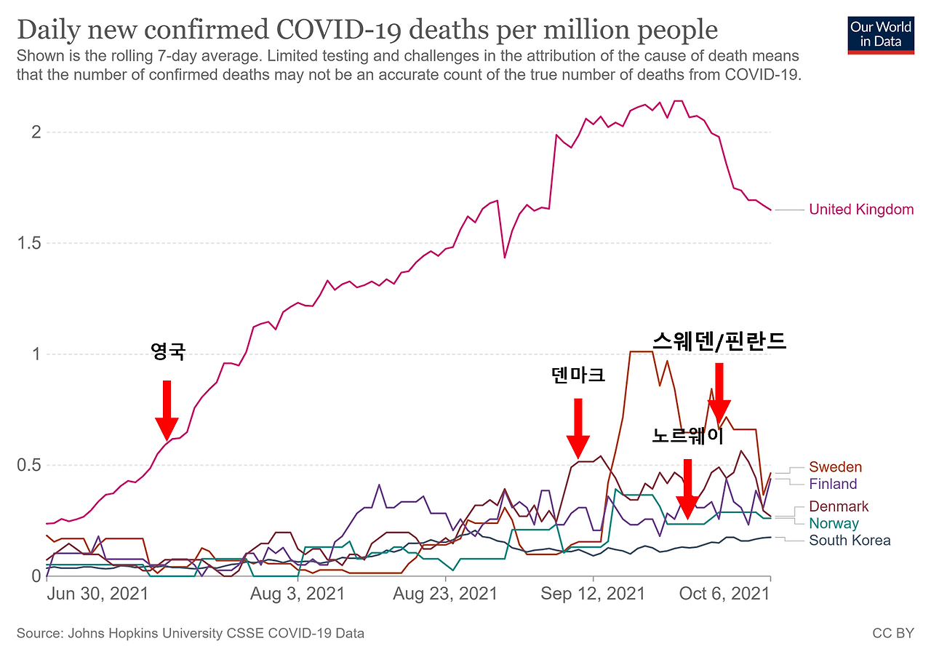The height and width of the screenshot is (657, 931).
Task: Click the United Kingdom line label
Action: click(x=861, y=210)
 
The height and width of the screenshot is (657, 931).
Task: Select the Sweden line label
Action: click(x=835, y=467)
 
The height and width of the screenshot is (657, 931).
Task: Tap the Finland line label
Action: click(x=833, y=484)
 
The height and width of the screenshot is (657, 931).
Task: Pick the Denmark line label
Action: click(x=839, y=506)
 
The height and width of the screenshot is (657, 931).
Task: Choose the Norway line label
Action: click(x=834, y=523)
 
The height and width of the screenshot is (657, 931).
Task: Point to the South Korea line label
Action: click(x=850, y=540)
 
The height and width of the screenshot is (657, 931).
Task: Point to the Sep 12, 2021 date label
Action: click(x=593, y=594)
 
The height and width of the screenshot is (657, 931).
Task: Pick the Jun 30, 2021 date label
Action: click(x=97, y=594)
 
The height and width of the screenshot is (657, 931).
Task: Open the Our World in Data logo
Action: click(x=881, y=34)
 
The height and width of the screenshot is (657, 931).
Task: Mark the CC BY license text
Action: click(x=892, y=633)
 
